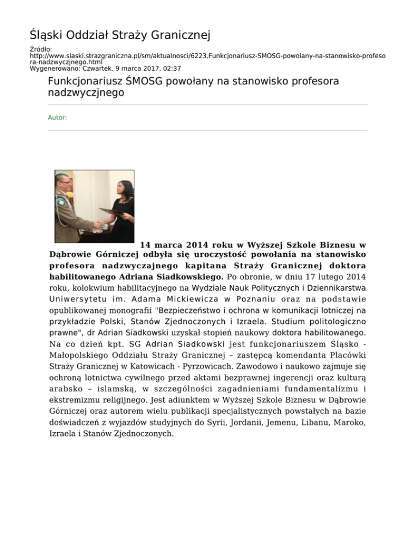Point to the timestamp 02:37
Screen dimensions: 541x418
pos(172,69)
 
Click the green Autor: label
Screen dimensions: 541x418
pos(57,117)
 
